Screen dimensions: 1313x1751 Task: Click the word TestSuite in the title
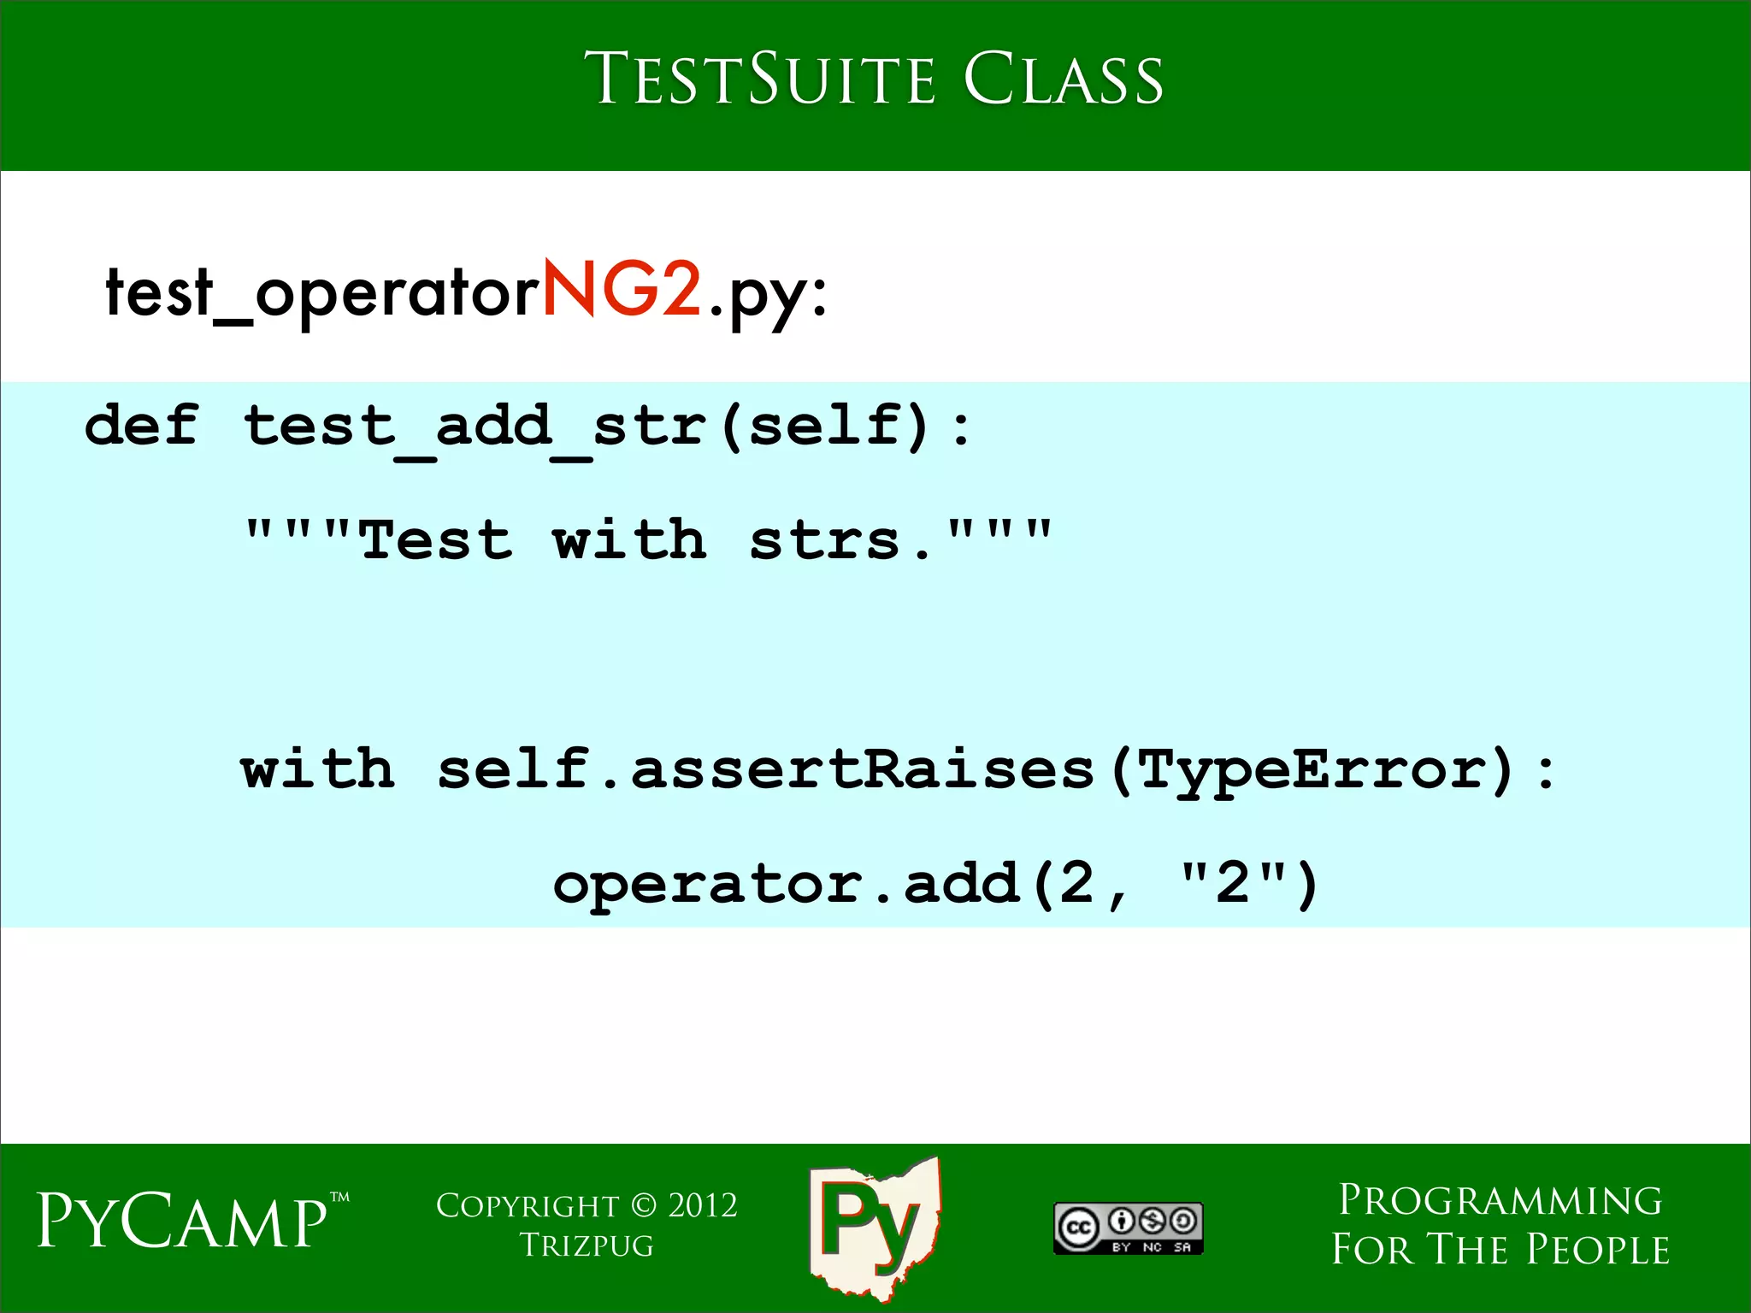coord(760,79)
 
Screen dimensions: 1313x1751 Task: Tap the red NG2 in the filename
coord(622,289)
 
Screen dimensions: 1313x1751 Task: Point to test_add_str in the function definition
coord(475,426)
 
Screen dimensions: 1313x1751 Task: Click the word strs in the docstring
coord(824,540)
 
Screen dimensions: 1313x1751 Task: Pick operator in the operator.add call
coord(708,884)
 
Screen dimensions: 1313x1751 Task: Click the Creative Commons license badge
coord(1128,1228)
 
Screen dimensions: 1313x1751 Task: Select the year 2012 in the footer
coord(703,1205)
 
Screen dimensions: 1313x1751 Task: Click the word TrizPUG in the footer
coord(587,1245)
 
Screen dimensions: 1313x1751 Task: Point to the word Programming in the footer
coord(1500,1200)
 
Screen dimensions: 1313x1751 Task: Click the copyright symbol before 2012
coord(644,1205)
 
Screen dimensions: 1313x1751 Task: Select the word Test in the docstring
coord(436,540)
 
